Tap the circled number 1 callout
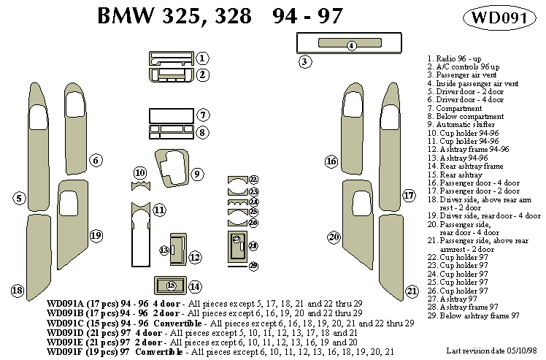(x=203, y=58)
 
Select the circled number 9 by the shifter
(x=198, y=174)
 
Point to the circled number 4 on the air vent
(x=351, y=45)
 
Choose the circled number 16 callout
(x=331, y=161)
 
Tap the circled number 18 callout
(x=18, y=291)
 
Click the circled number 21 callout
(x=412, y=291)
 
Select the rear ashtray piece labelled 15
(x=172, y=286)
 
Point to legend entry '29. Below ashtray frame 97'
(x=474, y=315)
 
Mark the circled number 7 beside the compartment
(x=203, y=115)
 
